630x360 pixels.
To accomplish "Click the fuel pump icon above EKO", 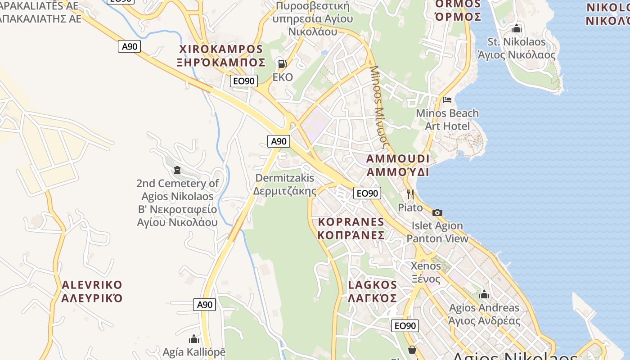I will pyautogui.click(x=282, y=64).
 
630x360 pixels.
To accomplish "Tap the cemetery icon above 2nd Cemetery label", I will pyautogui.click(x=177, y=170).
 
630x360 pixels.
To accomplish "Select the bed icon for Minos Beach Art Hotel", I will pyautogui.click(x=447, y=99).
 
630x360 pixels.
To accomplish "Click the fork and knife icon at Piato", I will pyautogui.click(x=410, y=194).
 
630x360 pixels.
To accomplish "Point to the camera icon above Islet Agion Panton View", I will pyautogui.click(x=437, y=212).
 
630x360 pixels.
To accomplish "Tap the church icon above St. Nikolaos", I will pyautogui.click(x=516, y=29).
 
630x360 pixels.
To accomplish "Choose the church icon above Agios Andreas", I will pyautogui.click(x=484, y=295).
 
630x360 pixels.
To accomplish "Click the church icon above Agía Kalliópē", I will pyautogui.click(x=194, y=338).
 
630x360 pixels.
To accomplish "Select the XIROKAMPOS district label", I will pyautogui.click(x=221, y=55).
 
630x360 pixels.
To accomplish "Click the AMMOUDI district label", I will pyautogui.click(x=398, y=165).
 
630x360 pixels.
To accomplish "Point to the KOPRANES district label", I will pyautogui.click(x=351, y=228).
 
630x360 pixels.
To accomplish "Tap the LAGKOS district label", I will pyautogui.click(x=373, y=291).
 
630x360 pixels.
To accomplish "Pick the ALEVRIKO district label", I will pyautogui.click(x=92, y=291).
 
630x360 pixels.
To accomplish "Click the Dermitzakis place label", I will pyautogui.click(x=284, y=184).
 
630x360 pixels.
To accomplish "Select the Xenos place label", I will pyautogui.click(x=426, y=272).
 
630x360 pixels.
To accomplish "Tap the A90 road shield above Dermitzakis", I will pyautogui.click(x=279, y=141).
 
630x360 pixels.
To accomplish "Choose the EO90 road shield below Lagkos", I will pyautogui.click(x=405, y=326).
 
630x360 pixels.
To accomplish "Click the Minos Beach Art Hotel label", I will pyautogui.click(x=447, y=119).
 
